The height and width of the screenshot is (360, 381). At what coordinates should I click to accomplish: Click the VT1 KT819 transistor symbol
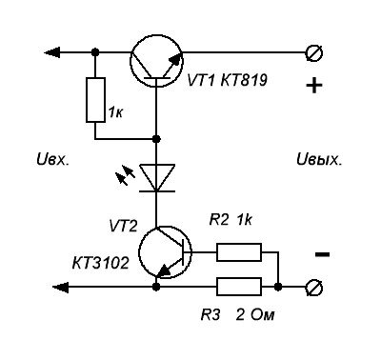(156, 61)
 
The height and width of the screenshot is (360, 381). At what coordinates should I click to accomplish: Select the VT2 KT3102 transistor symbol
(165, 252)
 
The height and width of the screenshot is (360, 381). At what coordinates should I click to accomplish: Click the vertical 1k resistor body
(95, 100)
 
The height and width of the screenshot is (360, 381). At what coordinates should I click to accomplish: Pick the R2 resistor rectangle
(239, 252)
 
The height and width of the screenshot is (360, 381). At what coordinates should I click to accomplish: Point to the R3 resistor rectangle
(239, 287)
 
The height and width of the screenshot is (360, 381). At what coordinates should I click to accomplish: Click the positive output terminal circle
(314, 52)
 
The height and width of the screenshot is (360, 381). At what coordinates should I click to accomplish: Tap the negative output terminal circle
(314, 288)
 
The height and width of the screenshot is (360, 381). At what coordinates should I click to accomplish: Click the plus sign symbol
(314, 85)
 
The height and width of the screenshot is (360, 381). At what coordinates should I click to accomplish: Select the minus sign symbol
(322, 254)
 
